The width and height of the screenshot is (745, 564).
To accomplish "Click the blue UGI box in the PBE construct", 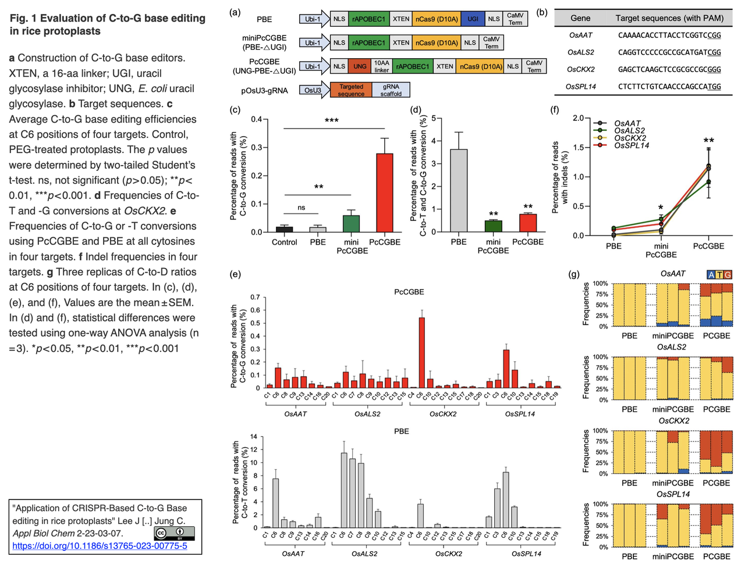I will [x=473, y=19].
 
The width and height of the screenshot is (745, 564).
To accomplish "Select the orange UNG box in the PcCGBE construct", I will [x=360, y=66].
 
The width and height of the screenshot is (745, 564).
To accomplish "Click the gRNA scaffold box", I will [x=391, y=90].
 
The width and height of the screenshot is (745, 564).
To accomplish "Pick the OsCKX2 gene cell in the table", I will [x=581, y=69].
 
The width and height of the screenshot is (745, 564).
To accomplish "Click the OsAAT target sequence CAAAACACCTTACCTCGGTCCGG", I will [x=669, y=35].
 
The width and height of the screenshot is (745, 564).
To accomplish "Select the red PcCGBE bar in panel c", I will [x=385, y=192].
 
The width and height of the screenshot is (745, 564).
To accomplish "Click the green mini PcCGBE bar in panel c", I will [x=351, y=223].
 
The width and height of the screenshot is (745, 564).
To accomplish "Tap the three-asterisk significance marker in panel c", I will [x=332, y=121].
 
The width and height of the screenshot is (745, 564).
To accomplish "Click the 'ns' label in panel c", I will [x=301, y=208].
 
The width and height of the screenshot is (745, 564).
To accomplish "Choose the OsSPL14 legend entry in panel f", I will [x=631, y=145].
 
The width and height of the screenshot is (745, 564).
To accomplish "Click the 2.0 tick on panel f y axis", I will [x=578, y=118].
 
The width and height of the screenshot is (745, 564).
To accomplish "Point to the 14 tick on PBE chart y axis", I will [x=254, y=437].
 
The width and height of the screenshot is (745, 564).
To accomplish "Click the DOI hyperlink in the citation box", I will [x=100, y=546].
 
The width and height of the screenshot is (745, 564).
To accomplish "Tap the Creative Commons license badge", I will [x=174, y=533].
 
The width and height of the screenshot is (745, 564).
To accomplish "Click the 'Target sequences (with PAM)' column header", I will [x=669, y=18].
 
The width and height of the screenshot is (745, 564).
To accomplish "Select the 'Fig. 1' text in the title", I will [x=23, y=19].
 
